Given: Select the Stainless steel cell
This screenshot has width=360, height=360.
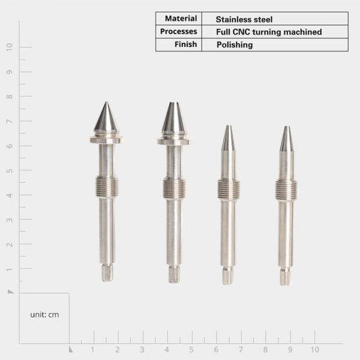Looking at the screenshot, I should (244, 19).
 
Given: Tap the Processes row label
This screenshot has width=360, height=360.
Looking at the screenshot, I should (179, 31).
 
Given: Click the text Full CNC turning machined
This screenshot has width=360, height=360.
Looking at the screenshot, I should (269, 32).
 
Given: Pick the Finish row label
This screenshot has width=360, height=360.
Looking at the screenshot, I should (186, 44).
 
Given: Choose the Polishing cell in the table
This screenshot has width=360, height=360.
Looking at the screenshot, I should (235, 45).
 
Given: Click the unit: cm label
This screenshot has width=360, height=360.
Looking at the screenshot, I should (44, 314).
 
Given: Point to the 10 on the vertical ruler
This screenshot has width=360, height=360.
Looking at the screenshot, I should (10, 47).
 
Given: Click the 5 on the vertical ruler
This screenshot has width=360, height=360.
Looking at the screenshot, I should (10, 170).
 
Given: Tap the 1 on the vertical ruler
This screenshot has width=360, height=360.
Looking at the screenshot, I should (10, 269).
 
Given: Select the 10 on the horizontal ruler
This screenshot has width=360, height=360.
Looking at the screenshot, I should (314, 349).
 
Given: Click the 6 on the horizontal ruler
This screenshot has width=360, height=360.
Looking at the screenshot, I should (216, 349).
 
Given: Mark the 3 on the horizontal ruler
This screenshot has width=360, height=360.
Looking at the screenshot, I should (142, 349).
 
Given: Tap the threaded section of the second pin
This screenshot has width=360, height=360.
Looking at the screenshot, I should (174, 187).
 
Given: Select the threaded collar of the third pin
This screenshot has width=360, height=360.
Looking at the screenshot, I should (228, 189).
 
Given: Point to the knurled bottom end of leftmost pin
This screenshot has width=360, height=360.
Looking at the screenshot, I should (107, 273).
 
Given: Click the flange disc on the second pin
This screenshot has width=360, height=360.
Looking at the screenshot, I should (174, 141).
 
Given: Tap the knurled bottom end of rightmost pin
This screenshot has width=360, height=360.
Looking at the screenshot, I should (286, 276).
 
